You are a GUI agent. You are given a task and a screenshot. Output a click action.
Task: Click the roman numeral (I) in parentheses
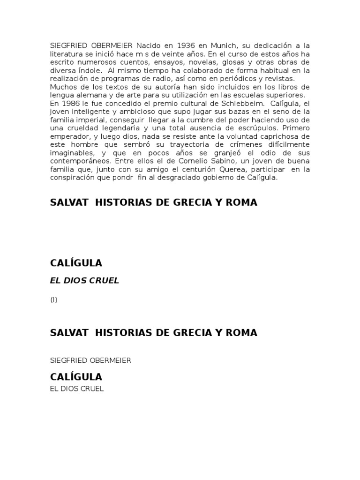[54, 300]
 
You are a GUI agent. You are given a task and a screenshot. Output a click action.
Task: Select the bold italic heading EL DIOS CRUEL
[85, 280]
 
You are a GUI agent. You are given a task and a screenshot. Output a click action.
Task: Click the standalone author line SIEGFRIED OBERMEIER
[90, 360]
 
